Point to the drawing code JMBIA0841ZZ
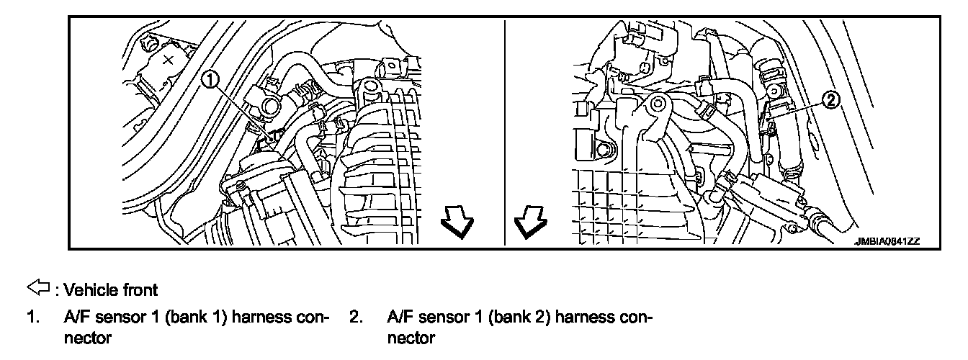pos(889,242)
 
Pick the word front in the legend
pos(135,290)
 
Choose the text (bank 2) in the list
pos(519,317)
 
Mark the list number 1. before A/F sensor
pos(32,317)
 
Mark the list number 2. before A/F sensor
pos(355,317)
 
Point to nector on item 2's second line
pos(411,337)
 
